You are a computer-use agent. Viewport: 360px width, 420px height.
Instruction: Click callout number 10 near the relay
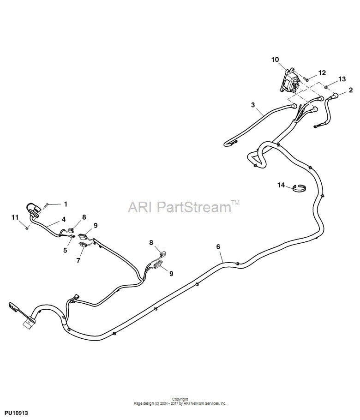pyautogui.click(x=275, y=60)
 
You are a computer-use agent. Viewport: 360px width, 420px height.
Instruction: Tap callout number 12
pyautogui.click(x=322, y=72)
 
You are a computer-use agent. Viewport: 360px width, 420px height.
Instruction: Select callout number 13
pyautogui.click(x=342, y=79)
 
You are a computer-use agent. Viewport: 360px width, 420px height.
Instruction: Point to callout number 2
pyautogui.click(x=351, y=90)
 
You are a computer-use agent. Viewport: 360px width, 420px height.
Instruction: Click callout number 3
pyautogui.click(x=253, y=105)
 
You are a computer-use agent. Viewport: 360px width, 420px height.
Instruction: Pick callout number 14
pyautogui.click(x=281, y=185)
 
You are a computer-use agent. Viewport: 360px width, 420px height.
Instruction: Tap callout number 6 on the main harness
pyautogui.click(x=218, y=246)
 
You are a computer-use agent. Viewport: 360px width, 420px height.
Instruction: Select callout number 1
pyautogui.click(x=66, y=204)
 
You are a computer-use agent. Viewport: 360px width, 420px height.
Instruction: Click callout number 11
pyautogui.click(x=15, y=217)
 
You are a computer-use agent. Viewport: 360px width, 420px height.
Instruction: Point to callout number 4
pyautogui.click(x=64, y=219)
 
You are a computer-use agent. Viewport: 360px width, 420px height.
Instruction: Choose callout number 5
pyautogui.click(x=65, y=250)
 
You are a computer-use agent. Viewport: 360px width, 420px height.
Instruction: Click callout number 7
pyautogui.click(x=78, y=260)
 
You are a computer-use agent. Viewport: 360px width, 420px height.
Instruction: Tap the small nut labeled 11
pyautogui.click(x=27, y=228)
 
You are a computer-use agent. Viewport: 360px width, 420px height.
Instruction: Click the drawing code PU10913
pyautogui.click(x=16, y=413)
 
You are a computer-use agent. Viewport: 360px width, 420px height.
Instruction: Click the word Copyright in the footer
pyautogui.click(x=180, y=399)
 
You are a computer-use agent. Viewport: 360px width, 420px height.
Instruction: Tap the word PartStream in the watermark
pyautogui.click(x=194, y=207)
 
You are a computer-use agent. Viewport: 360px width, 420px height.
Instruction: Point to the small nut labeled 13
pyautogui.click(x=326, y=87)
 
